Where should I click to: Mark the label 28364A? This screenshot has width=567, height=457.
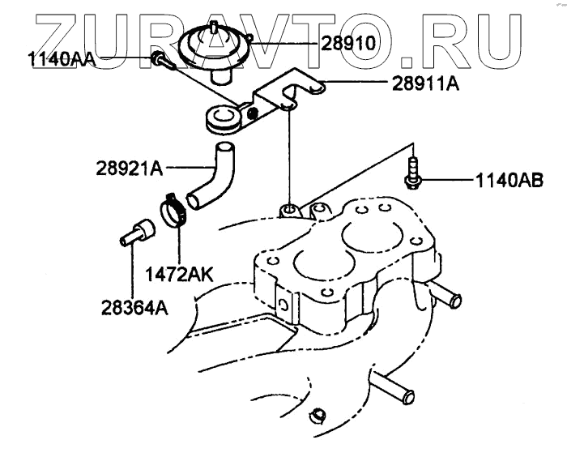tap(135, 306)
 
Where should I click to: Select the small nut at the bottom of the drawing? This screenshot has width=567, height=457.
tap(319, 416)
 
